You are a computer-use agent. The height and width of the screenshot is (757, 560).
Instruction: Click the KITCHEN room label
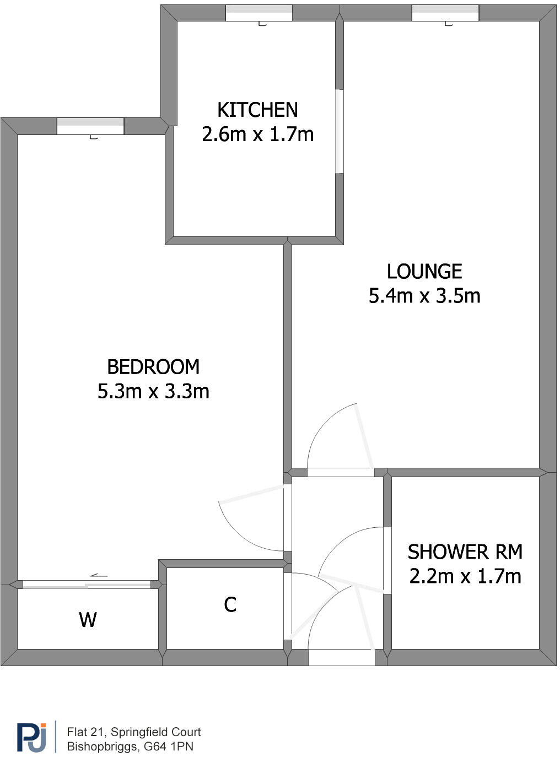[x=257, y=110]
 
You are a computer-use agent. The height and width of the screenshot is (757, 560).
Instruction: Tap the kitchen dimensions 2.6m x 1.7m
[x=257, y=134]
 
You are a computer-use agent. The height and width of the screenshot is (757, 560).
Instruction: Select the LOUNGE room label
[x=424, y=271]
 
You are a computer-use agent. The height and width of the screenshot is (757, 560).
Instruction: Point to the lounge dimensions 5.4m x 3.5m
[x=424, y=296]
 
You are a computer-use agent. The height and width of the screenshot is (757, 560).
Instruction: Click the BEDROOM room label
[x=153, y=366]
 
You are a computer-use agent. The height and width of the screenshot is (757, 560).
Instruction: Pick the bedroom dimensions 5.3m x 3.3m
[x=153, y=391]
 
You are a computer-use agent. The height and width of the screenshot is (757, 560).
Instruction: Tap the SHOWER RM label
[x=465, y=551]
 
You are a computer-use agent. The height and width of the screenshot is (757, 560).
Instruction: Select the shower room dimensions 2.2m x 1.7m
[x=465, y=576]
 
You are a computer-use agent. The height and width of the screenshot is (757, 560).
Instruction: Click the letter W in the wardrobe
[x=88, y=620]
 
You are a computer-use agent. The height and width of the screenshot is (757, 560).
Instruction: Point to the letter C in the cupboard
[x=230, y=604]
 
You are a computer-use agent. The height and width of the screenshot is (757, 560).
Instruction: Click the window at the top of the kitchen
[x=259, y=13]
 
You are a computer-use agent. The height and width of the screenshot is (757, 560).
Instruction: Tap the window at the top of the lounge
[x=445, y=13]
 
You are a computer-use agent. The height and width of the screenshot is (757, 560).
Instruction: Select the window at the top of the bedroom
[x=90, y=126]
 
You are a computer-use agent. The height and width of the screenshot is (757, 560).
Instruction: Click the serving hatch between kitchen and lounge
[x=340, y=131]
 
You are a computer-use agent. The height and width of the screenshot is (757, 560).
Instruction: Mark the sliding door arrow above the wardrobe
[x=99, y=575]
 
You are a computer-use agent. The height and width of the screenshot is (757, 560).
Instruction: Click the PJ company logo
[x=32, y=737]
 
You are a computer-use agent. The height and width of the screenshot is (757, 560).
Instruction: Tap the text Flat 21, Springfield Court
[x=134, y=732]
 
